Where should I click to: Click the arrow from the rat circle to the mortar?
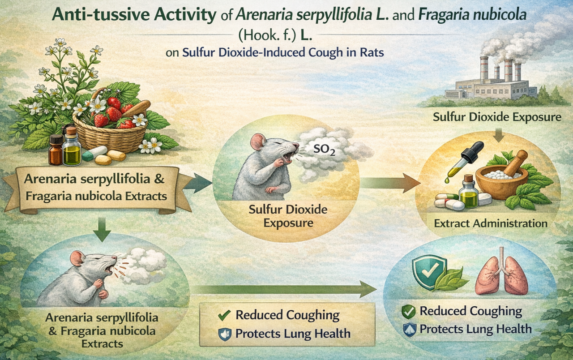[x=389, y=182]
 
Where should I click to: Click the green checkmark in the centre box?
[x=223, y=315]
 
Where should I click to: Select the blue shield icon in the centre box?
[x=224, y=334]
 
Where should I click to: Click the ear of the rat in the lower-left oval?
[x=77, y=258]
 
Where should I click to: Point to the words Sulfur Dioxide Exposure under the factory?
[x=497, y=118]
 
